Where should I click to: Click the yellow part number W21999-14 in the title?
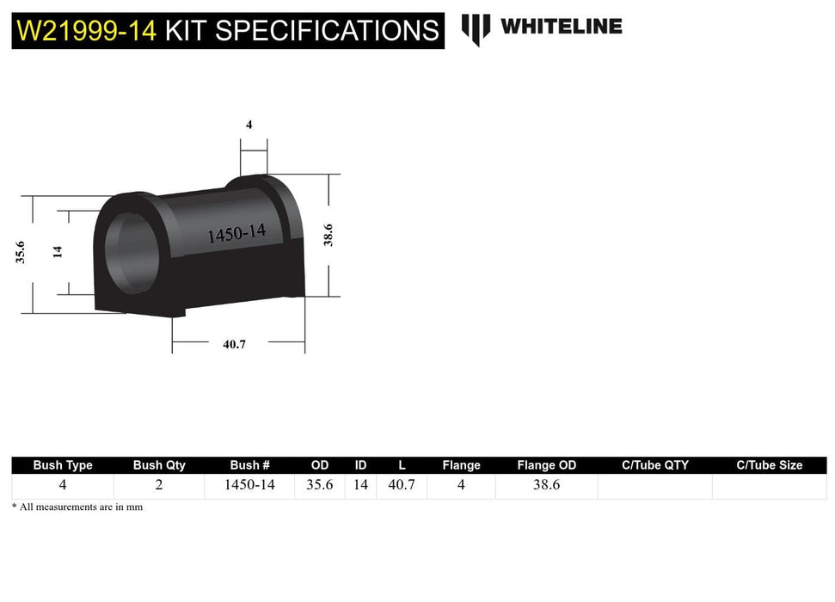point(86,31)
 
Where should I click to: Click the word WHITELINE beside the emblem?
point(561,26)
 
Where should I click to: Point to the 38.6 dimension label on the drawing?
point(328,235)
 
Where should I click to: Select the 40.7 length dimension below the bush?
point(234,344)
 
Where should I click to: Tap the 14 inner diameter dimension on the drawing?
point(58,252)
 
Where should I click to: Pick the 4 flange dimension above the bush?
point(249,125)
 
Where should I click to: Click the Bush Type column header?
point(63,465)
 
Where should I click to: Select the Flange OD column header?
point(546,465)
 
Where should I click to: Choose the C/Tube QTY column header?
point(654,465)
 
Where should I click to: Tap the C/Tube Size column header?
point(769,465)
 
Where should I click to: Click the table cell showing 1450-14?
point(249,485)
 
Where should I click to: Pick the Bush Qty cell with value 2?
point(159,485)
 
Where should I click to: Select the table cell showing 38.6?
point(546,485)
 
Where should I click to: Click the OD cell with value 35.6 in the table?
point(320,485)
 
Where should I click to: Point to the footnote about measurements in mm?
point(77,507)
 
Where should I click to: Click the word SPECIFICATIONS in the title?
point(326,31)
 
